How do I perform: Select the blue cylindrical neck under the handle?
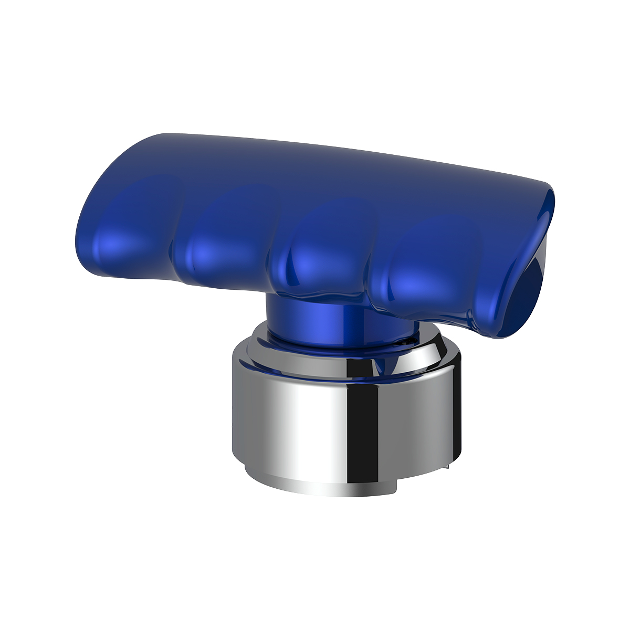(x=315, y=320)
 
